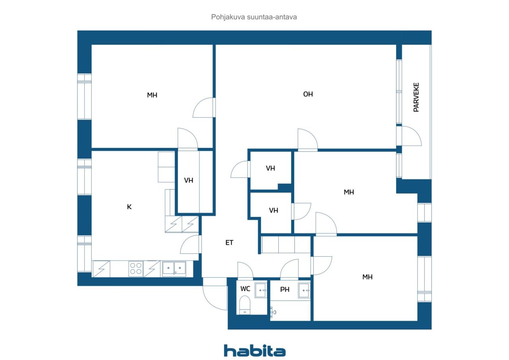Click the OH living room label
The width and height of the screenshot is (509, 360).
[x=308, y=94]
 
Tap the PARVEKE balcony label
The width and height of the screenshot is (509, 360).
[x=416, y=97]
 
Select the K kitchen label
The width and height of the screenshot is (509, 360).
[x=129, y=207]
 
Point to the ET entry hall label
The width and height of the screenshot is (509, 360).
[x=229, y=243]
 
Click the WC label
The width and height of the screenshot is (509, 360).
[x=245, y=289]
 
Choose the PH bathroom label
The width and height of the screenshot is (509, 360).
[x=285, y=289]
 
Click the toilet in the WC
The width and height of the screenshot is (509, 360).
[x=245, y=305]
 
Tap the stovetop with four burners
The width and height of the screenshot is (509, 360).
[x=136, y=269]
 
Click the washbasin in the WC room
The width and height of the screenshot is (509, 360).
[x=260, y=290]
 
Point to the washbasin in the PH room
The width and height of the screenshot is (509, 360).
[x=304, y=290]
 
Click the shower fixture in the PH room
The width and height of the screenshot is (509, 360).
[x=273, y=312]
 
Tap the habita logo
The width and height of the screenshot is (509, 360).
[x=255, y=351]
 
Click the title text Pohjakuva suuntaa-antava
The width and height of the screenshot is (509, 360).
[x=254, y=17]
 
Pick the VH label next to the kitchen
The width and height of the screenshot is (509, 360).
[x=188, y=180]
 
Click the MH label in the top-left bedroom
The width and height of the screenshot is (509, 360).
[x=152, y=95]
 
